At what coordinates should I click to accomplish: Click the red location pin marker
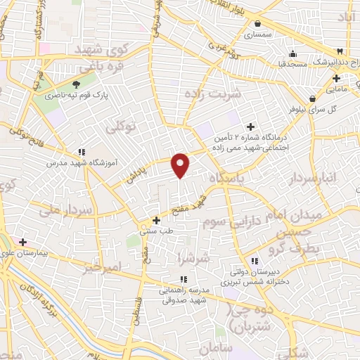pos(181,165)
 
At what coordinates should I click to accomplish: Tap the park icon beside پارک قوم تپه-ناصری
pos(67,85)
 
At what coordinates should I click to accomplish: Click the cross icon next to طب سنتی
pos(156,220)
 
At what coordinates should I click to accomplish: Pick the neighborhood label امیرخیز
pos(102,267)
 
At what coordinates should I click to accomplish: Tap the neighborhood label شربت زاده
pos(212,94)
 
